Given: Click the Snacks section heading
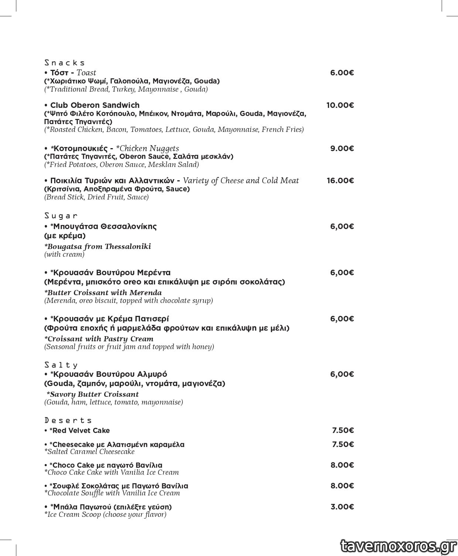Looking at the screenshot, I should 65,63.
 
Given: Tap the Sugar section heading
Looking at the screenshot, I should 61,216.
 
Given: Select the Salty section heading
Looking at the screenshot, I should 61,365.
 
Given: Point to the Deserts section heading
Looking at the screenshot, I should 68,420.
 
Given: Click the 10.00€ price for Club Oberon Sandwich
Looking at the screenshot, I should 340,105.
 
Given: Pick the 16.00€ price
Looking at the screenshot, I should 340,181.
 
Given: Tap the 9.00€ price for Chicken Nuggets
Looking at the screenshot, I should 342,149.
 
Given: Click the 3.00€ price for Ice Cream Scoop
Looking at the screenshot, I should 342,507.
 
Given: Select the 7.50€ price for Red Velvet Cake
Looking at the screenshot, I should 343,430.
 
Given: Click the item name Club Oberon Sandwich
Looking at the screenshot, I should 95,105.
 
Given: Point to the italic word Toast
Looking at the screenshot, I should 86,73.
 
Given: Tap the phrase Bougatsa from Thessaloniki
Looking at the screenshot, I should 98,246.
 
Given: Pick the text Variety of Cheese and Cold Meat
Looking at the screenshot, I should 241,181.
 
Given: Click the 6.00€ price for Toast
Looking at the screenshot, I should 342,73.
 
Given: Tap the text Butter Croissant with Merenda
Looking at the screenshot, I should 103,293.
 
